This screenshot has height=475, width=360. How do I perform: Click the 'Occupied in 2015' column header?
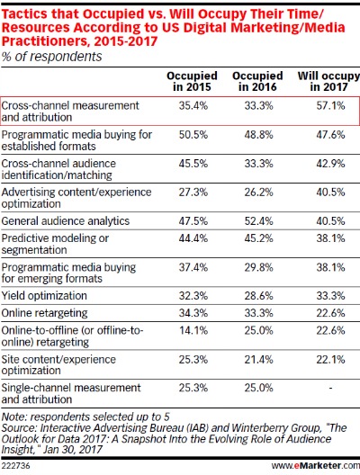pos(192,81)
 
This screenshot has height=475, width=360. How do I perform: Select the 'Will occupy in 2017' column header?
pos(328,81)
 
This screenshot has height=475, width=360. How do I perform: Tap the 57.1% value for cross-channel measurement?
pos(330,106)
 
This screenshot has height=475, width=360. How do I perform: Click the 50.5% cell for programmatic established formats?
pos(193,135)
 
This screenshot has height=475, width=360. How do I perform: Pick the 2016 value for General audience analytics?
pos(259,221)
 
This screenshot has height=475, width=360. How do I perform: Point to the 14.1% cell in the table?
pos(193,330)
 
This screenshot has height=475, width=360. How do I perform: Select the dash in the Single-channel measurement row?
pos(330,388)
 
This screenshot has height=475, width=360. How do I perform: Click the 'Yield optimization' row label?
pos(44,296)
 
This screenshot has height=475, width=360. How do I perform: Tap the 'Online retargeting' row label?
pos(44,313)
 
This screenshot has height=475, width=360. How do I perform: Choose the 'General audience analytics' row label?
pos(66,221)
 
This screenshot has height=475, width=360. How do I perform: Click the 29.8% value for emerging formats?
pos(259,267)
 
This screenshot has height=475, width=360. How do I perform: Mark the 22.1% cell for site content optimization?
pos(330,360)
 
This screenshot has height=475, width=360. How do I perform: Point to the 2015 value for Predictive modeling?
pos(193,238)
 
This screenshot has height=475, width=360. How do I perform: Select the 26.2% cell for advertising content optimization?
pos(259,193)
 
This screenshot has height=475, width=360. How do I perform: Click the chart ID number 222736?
pos(16,465)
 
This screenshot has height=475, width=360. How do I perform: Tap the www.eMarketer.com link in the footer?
pos(316,465)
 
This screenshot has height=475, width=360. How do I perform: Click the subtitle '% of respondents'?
pos(52,57)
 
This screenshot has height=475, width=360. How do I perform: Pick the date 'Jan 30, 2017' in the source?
pos(72,450)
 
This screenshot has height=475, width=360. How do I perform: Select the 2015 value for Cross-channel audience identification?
pos(193,164)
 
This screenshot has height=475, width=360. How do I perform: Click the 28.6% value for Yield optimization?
pos(259,296)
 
